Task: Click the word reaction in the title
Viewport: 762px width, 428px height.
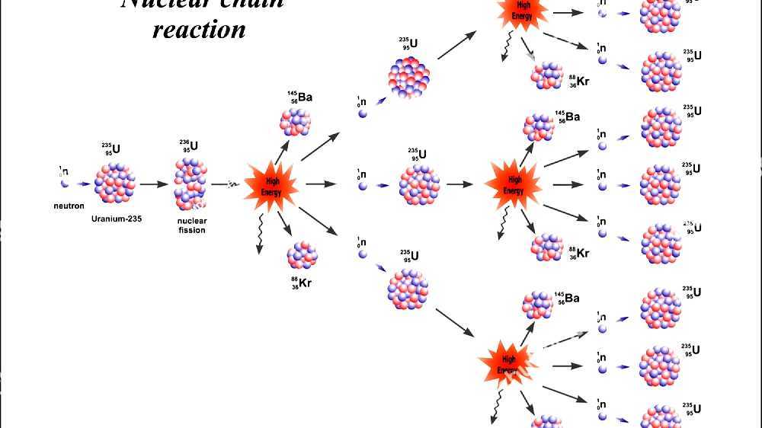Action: (x=199, y=30)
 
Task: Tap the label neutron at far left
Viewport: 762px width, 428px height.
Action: (x=69, y=206)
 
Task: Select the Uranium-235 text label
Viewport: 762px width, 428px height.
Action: (x=117, y=219)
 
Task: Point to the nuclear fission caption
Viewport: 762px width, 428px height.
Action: (x=192, y=225)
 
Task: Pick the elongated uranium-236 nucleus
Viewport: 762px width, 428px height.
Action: (x=190, y=185)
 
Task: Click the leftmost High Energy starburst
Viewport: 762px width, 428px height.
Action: (x=274, y=184)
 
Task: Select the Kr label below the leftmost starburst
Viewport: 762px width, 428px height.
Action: (x=302, y=283)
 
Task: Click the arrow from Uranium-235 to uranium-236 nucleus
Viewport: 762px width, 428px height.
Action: (x=153, y=184)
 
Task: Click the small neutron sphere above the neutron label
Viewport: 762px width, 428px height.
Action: (x=65, y=184)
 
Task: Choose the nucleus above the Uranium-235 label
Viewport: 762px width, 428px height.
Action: (x=116, y=183)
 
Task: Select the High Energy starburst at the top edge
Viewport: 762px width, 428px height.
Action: (x=522, y=12)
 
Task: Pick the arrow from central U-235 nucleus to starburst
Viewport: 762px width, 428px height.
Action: (x=460, y=184)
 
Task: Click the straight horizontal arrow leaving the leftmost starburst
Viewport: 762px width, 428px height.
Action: (x=321, y=184)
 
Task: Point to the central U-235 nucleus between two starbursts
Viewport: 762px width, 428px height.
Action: (x=420, y=185)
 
